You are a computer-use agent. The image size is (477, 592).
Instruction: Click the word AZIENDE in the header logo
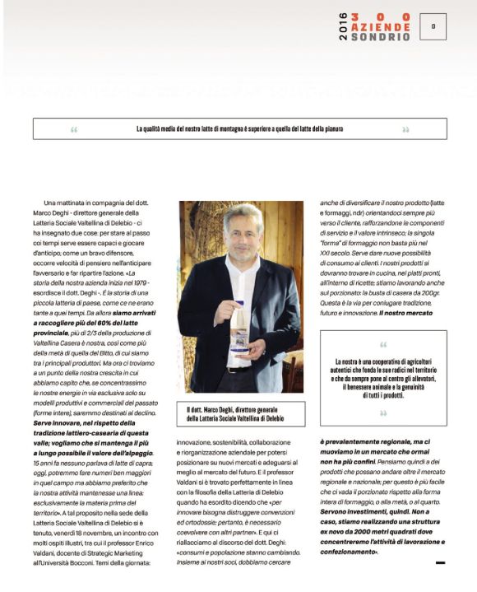380,26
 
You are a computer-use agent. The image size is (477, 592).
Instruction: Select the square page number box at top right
433,26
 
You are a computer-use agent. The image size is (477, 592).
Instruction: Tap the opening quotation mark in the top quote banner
74,129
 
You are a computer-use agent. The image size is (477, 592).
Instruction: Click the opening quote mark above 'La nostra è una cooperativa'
383,345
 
